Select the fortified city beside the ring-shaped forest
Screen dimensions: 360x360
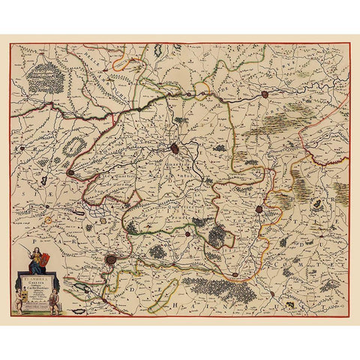click(70, 172)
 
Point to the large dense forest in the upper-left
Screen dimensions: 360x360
click(46, 75)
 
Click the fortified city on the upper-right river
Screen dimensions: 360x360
click(266, 95)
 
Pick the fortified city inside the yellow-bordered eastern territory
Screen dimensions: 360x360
click(259, 209)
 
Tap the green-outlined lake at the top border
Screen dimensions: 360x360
click(160, 52)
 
